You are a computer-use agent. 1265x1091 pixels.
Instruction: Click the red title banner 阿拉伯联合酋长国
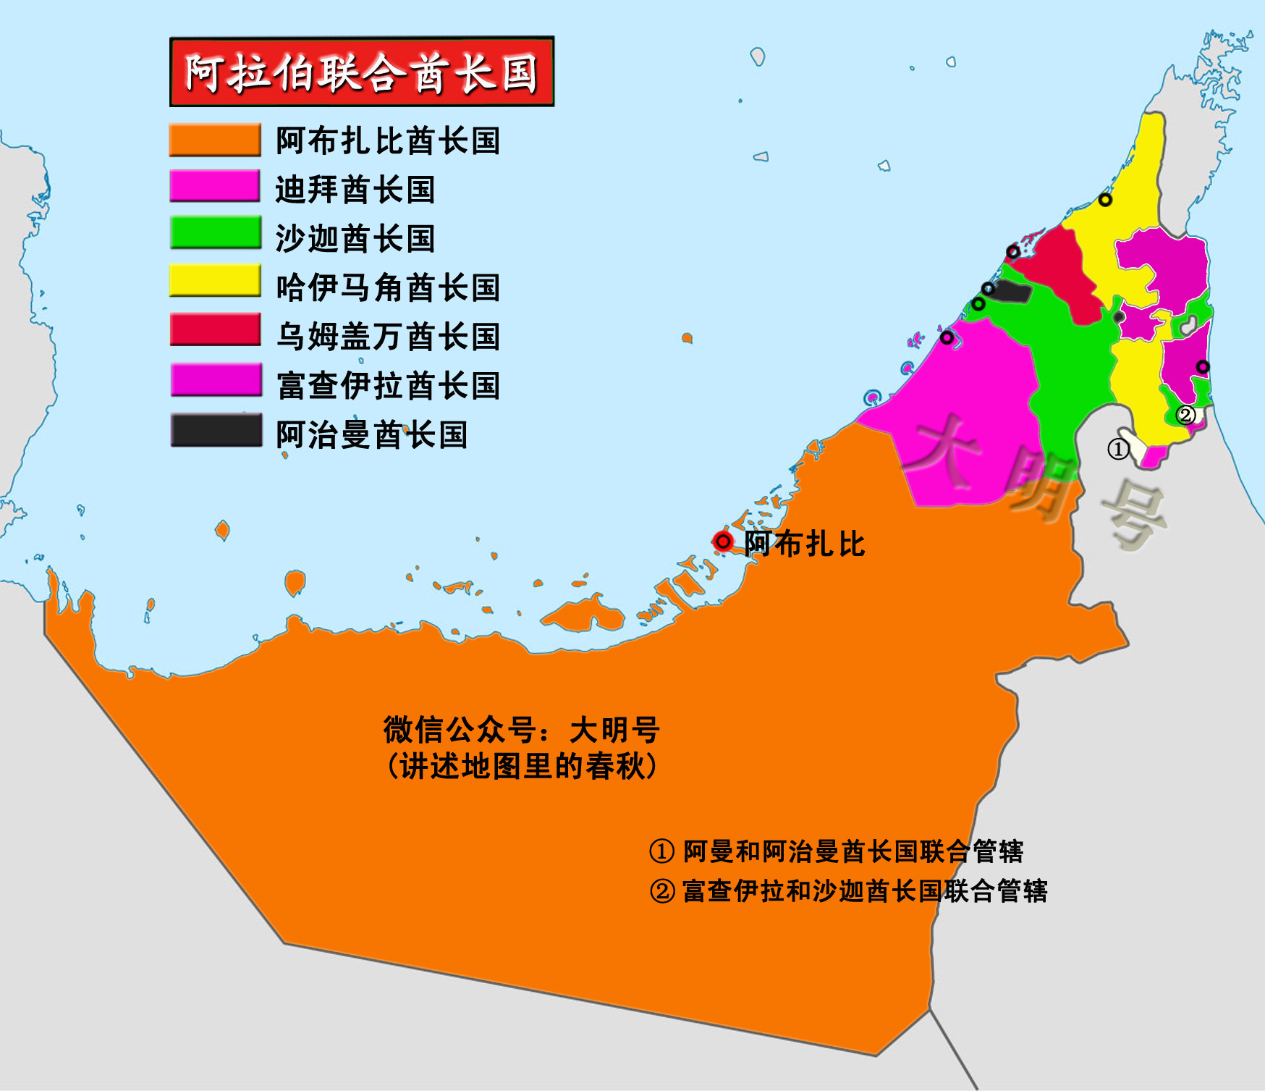click(x=362, y=72)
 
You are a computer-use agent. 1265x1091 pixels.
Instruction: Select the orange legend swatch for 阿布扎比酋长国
click(x=214, y=140)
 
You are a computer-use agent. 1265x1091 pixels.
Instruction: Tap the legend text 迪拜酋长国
click(x=355, y=190)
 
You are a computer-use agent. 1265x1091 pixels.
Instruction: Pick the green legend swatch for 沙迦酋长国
click(x=214, y=233)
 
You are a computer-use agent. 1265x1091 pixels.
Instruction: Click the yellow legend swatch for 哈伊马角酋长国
click(x=214, y=281)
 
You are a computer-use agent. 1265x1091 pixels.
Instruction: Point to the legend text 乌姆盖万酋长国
click(x=388, y=337)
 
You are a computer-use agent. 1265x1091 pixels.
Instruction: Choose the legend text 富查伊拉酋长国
click(x=388, y=385)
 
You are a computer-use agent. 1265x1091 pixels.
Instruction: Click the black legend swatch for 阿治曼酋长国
click(x=216, y=430)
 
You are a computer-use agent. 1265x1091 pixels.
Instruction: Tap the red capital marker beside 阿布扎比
click(x=722, y=542)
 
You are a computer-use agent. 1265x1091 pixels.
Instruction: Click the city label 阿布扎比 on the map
click(x=804, y=544)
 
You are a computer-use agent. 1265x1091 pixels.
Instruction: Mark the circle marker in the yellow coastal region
click(x=1105, y=200)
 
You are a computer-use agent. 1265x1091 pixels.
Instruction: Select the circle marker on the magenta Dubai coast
click(x=947, y=337)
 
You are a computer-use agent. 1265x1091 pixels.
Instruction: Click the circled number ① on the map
click(x=1118, y=450)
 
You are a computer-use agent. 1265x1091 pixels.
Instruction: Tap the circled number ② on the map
click(x=1185, y=415)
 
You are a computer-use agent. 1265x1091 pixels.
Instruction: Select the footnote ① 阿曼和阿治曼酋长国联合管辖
click(x=837, y=851)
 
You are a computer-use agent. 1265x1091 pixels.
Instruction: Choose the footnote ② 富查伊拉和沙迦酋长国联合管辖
click(x=848, y=891)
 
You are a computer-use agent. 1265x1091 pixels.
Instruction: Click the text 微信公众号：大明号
click(x=521, y=730)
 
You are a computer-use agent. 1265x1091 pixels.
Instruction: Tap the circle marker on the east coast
click(x=1203, y=367)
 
